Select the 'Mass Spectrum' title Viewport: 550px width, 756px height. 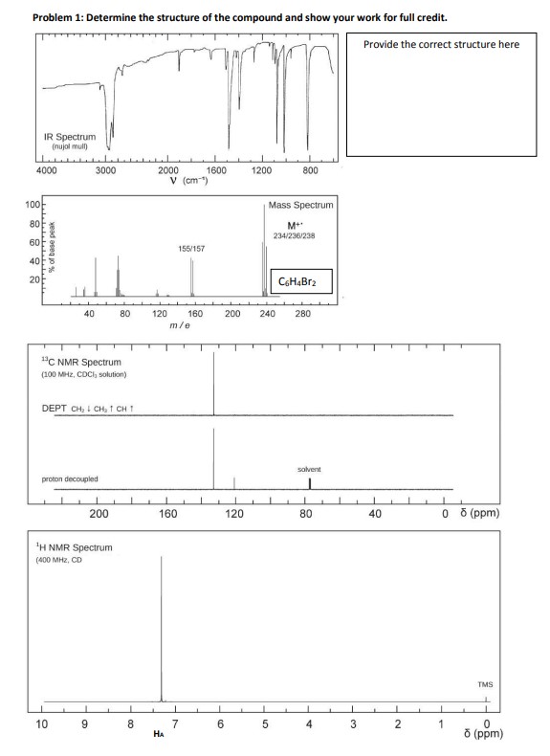(x=301, y=205)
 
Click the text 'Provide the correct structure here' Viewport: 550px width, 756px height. (x=442, y=44)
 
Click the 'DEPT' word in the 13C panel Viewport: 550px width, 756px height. (x=54, y=409)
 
